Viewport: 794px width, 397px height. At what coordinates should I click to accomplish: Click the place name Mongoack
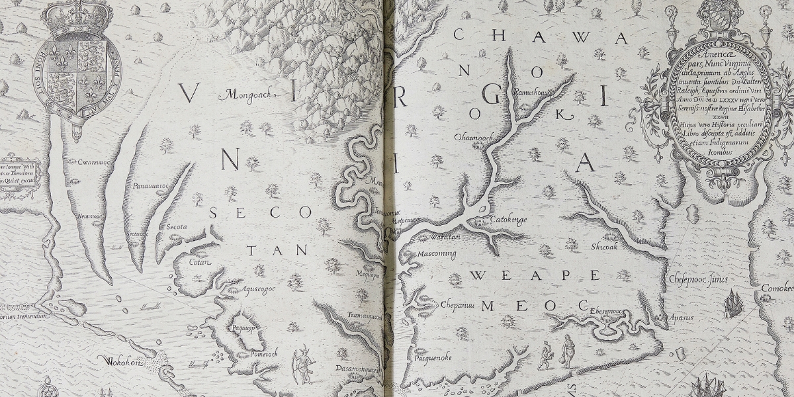tap(245, 95)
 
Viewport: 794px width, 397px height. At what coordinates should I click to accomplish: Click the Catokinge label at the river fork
tap(508, 219)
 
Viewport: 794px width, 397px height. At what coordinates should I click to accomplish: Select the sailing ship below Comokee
tap(732, 304)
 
